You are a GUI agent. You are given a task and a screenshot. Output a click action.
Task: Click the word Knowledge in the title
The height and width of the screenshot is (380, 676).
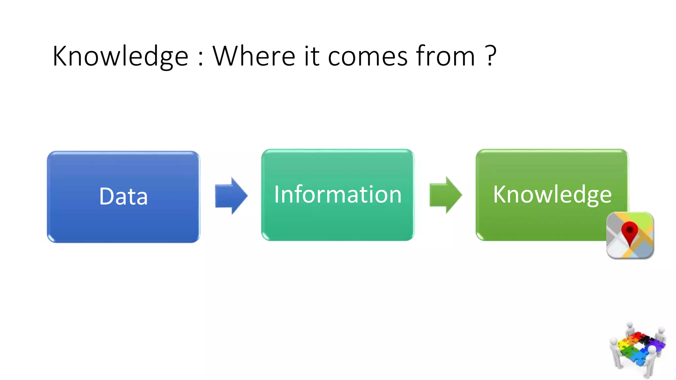pos(120,56)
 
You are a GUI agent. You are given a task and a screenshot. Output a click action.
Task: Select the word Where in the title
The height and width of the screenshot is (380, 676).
pos(253,56)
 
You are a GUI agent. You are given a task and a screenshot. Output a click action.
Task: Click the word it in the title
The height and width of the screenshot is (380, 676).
pos(312,56)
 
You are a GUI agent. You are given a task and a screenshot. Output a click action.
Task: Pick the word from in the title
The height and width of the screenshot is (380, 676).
pos(445,56)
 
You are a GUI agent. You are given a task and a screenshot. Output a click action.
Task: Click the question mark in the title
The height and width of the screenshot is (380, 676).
pos(491,55)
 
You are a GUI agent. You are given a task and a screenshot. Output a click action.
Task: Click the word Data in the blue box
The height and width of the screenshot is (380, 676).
pos(123,197)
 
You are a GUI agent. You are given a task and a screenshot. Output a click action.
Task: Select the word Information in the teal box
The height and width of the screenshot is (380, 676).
pos(338,194)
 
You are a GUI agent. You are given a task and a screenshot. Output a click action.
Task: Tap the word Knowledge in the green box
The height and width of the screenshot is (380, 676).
pos(552,194)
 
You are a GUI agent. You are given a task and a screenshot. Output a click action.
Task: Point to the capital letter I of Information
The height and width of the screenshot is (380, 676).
pos(277,194)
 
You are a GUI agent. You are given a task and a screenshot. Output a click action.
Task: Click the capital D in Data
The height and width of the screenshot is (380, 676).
pos(107,197)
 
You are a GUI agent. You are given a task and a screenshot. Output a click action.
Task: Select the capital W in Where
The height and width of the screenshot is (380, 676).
pos(228,56)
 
